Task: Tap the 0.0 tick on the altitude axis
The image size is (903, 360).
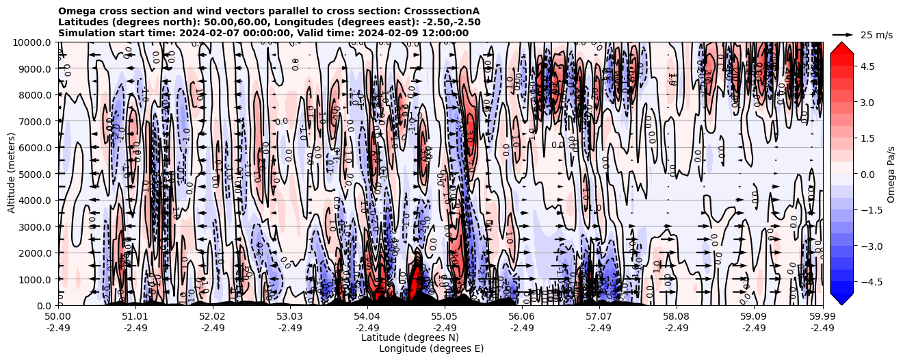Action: tap(46, 305)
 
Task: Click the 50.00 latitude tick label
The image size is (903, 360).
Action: tap(58, 317)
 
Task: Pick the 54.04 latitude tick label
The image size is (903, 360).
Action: tap(367, 317)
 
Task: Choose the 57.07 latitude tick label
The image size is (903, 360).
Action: tap(599, 317)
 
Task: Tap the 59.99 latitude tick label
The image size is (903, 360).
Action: tap(822, 317)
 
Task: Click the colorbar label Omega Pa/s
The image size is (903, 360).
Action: tap(891, 174)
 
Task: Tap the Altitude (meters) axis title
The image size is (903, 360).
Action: tap(12, 174)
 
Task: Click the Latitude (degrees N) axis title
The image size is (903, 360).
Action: tap(410, 337)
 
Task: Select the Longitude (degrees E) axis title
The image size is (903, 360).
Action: tap(431, 348)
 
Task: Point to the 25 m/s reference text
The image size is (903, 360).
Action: tap(876, 35)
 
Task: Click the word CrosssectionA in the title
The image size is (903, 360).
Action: tap(442, 11)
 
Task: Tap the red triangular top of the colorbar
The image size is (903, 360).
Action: tap(841, 48)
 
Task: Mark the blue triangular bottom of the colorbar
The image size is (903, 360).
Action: tap(841, 298)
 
